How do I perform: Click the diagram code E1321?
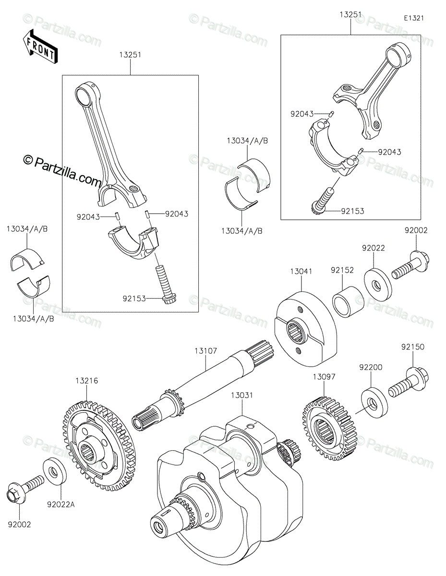414,18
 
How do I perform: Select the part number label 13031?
241,396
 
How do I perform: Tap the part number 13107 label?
205,351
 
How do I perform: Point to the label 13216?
87,381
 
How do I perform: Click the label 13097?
324,376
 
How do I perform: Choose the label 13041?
301,271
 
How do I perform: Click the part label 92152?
342,270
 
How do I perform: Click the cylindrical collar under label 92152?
348,302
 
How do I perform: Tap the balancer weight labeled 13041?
305,329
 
